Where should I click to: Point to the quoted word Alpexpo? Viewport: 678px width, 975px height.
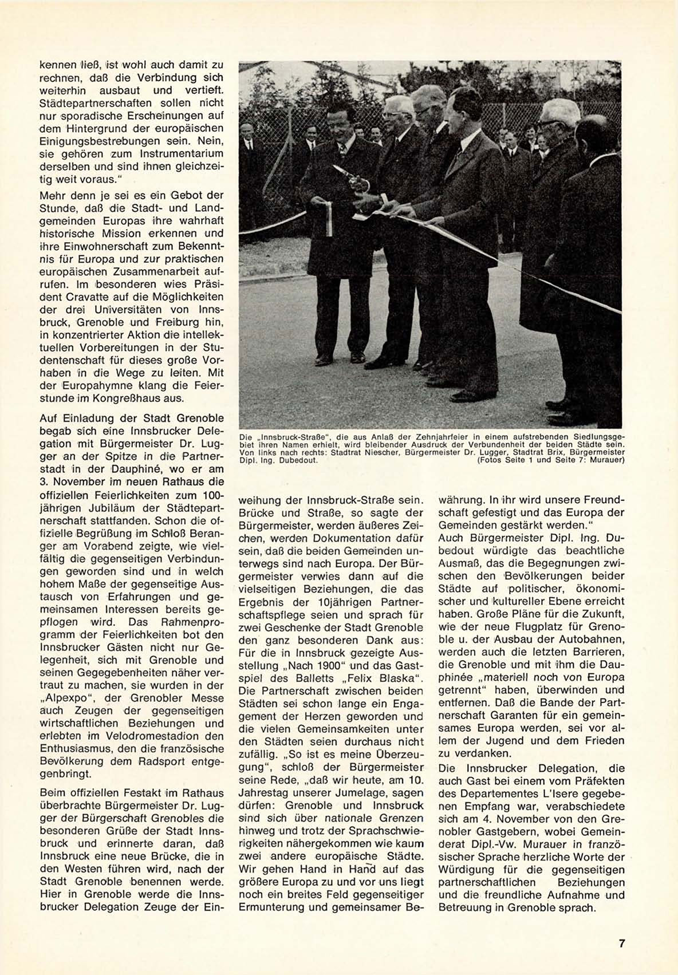pos(62,698)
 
